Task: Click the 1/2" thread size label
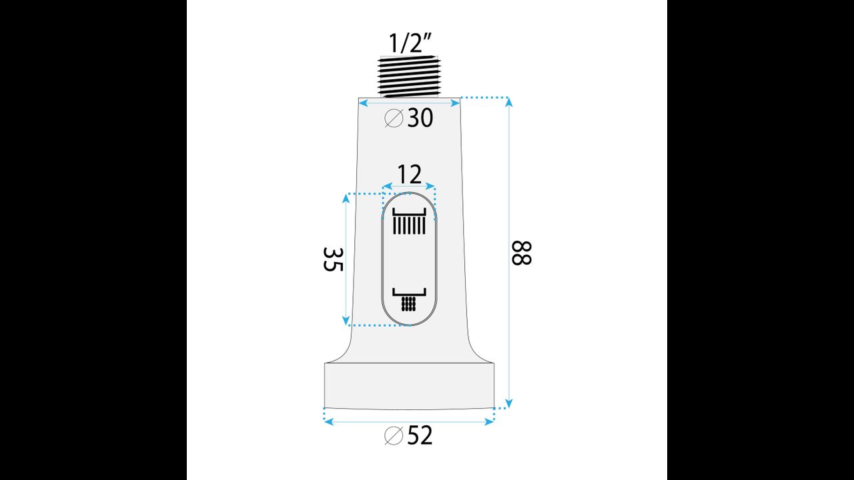click(410, 43)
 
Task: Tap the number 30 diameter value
click(420, 118)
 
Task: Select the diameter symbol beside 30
click(394, 118)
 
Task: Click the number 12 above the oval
click(410, 175)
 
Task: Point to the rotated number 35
click(333, 259)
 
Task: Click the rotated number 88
click(521, 253)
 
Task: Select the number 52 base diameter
click(420, 435)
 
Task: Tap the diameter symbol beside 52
click(394, 435)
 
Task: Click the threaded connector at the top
click(409, 77)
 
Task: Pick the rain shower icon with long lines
click(409, 221)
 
